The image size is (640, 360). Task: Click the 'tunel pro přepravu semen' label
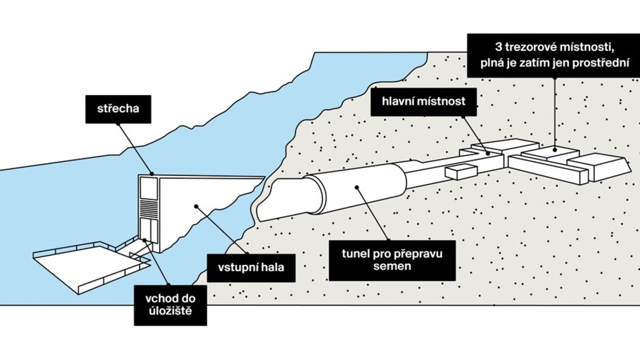391,258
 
